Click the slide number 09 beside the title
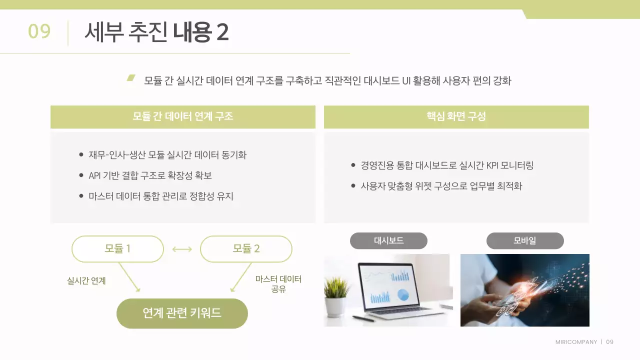[39, 31]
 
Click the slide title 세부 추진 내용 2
[156, 32]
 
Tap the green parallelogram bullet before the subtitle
[131, 78]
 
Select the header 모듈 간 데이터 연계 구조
[183, 117]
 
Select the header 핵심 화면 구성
[456, 117]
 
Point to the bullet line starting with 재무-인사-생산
[167, 155]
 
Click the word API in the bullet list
[95, 176]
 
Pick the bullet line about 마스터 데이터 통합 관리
[161, 196]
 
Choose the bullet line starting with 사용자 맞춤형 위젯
[441, 186]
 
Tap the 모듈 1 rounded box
[118, 249]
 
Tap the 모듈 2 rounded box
[246, 249]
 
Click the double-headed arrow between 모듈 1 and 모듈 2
[182, 249]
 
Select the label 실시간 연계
[86, 281]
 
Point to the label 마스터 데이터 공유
[278, 284]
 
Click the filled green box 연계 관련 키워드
[182, 313]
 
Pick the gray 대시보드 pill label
[388, 241]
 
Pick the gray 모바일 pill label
[524, 241]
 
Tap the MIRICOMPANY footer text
[576, 342]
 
